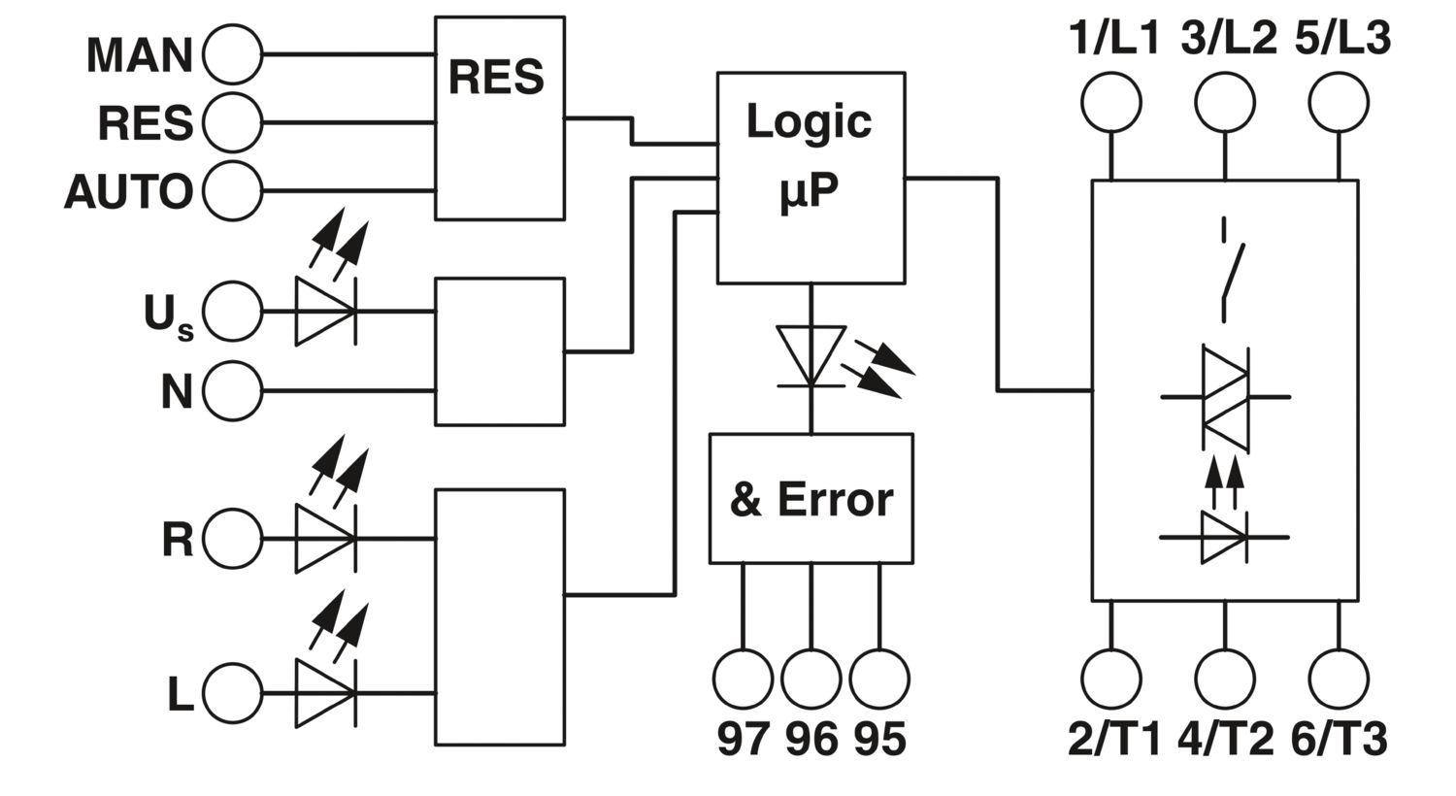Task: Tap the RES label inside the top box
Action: (x=496, y=78)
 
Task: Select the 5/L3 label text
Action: (x=1342, y=38)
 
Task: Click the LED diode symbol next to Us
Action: (x=325, y=312)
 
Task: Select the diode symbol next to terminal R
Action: (x=325, y=539)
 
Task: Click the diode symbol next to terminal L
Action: (x=325, y=693)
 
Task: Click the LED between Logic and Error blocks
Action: (x=811, y=356)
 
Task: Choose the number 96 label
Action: (x=811, y=740)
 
